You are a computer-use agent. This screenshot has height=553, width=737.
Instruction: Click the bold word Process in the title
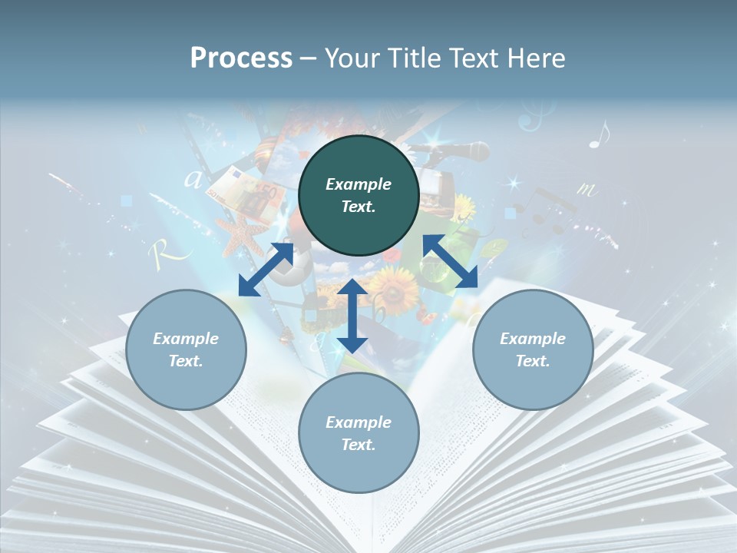tap(241, 58)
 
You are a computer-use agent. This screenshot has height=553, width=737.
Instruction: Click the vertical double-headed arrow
tap(352, 316)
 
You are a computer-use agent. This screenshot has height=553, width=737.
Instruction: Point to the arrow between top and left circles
tap(266, 269)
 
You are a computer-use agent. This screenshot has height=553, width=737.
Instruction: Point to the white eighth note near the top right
tap(600, 134)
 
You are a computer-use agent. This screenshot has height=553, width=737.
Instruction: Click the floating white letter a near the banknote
tap(193, 179)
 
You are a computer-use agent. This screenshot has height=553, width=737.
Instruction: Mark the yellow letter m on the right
tap(586, 188)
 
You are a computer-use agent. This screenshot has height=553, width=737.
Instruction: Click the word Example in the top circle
tap(359, 184)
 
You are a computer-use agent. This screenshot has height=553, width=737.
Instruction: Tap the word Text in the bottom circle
tap(357, 445)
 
